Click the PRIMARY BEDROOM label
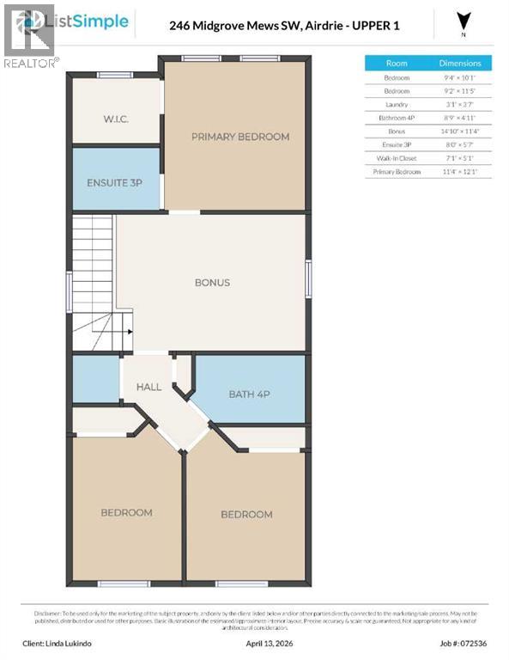tap(239, 137)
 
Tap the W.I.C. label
tap(116, 119)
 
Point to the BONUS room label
tap(212, 283)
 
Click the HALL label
tap(148, 388)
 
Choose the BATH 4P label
tap(250, 394)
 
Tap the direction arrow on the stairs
tap(128, 329)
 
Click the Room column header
tap(397, 64)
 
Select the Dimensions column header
tap(460, 64)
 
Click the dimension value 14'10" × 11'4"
tap(460, 131)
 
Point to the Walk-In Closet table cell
tap(397, 158)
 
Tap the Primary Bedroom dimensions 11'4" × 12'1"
tap(460, 172)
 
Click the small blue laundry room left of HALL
tap(95, 379)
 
